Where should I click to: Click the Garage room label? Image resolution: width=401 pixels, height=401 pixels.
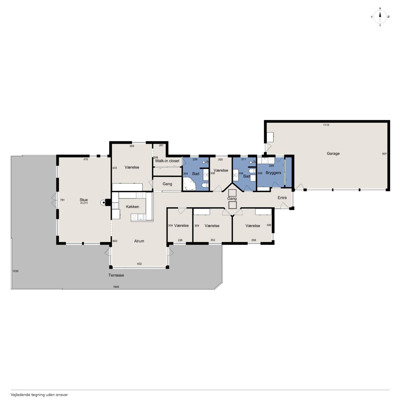[x=333, y=154]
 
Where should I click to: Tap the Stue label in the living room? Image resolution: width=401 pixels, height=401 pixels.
[x=83, y=200]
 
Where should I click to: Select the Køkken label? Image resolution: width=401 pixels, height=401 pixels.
[x=132, y=207]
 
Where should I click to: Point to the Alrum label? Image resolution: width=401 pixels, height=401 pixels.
[x=139, y=241]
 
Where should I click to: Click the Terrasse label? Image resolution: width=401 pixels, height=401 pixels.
[x=116, y=275]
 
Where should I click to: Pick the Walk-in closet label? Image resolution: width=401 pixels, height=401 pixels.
[x=167, y=161]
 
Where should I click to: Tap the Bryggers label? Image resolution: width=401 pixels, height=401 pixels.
[x=273, y=173]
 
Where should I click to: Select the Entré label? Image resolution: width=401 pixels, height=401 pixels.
[x=282, y=198]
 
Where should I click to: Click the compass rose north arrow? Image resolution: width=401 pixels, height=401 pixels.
[x=380, y=17]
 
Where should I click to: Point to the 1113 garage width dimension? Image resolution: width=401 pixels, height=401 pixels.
[x=326, y=125]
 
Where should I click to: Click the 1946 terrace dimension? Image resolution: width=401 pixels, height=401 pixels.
[x=116, y=287]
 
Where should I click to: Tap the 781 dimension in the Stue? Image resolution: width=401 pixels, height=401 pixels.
[x=62, y=200]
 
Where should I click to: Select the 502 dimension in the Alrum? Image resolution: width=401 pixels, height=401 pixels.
[x=139, y=264]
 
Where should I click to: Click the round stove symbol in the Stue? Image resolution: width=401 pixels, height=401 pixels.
[x=103, y=202]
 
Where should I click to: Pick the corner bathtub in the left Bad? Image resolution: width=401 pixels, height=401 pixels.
[x=189, y=184]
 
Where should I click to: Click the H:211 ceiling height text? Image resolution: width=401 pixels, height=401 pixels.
[x=84, y=203]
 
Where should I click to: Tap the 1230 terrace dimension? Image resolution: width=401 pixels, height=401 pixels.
[x=15, y=271]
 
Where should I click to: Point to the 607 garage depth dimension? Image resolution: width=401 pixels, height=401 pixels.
[x=384, y=154]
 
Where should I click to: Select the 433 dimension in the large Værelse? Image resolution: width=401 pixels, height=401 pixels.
[x=114, y=168]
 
